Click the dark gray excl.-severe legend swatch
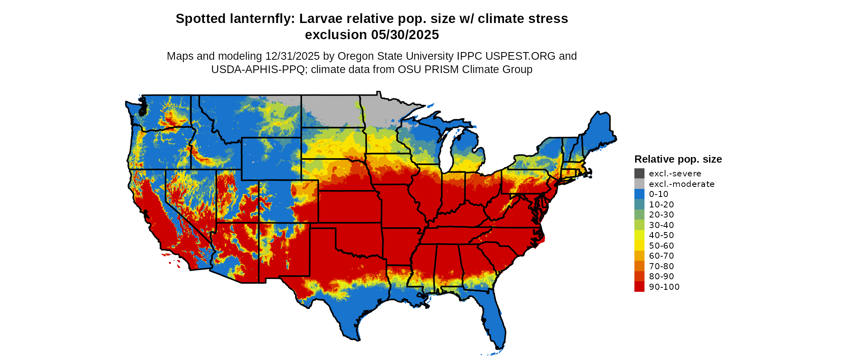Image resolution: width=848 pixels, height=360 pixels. pyautogui.click(x=639, y=174)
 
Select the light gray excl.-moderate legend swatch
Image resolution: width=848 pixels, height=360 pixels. pyautogui.click(x=639, y=184)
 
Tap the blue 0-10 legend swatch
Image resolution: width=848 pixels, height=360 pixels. pyautogui.click(x=639, y=194)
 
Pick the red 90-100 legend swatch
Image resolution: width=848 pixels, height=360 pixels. pyautogui.click(x=639, y=287)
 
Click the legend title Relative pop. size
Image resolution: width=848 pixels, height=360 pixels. pyautogui.click(x=678, y=159)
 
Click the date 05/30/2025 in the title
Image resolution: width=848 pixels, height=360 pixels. pyautogui.click(x=405, y=35)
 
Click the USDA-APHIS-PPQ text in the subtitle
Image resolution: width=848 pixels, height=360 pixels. pyautogui.click(x=258, y=69)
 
